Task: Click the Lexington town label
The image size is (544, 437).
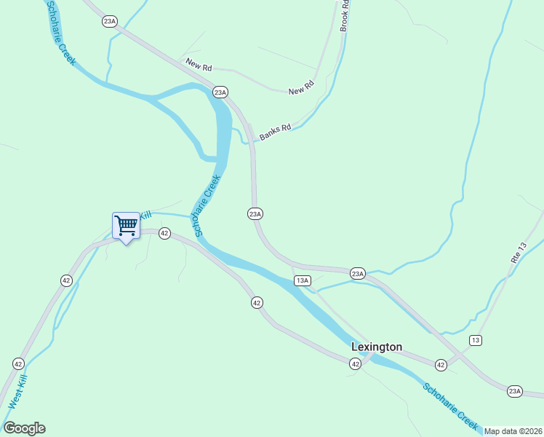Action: (x=376, y=347)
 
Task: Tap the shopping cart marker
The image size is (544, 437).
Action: (x=126, y=225)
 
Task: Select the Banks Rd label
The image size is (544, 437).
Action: (x=275, y=131)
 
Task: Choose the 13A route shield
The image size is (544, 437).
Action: (x=303, y=280)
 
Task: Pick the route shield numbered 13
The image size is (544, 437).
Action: (x=475, y=340)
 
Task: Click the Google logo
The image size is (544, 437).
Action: (x=24, y=428)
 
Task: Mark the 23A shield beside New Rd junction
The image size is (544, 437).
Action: (x=220, y=92)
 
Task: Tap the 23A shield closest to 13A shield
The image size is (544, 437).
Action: (x=357, y=273)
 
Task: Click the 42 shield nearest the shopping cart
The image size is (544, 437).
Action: (x=164, y=233)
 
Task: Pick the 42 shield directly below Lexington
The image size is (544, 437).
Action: (x=355, y=363)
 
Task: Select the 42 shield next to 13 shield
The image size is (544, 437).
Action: (x=441, y=364)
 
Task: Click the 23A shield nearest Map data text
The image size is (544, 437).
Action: (x=515, y=391)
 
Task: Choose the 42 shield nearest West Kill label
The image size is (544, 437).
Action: (x=18, y=363)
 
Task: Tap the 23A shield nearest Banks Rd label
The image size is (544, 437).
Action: (x=255, y=213)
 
